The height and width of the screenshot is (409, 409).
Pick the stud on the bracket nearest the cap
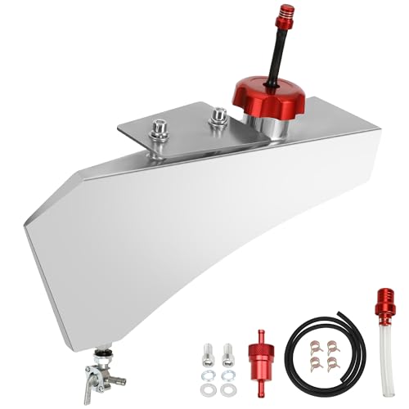click(219, 120)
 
